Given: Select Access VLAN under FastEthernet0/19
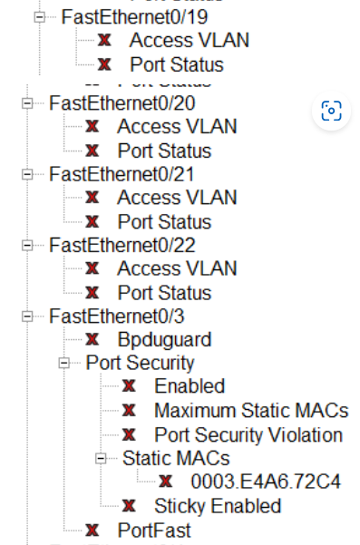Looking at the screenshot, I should point(189,40).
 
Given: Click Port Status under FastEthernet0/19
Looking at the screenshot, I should point(176,64).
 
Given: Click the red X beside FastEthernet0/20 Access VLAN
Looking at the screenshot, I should point(92,127).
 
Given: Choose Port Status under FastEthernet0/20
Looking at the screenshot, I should point(164,151).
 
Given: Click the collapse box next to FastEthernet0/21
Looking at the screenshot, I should point(27,174).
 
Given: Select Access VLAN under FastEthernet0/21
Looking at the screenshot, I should point(177,198).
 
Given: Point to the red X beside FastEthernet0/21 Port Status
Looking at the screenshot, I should point(92,221).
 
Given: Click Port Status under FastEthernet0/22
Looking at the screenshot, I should point(164,293).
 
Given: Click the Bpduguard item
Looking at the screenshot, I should point(164,340).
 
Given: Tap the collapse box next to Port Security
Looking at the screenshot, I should point(64,364).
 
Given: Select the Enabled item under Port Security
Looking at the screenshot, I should point(190,387).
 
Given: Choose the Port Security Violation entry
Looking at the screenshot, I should point(248,435).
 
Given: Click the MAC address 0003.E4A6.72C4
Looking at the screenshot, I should point(266,482).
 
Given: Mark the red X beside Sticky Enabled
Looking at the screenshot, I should point(129,506).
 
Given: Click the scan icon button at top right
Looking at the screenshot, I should point(331,112).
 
